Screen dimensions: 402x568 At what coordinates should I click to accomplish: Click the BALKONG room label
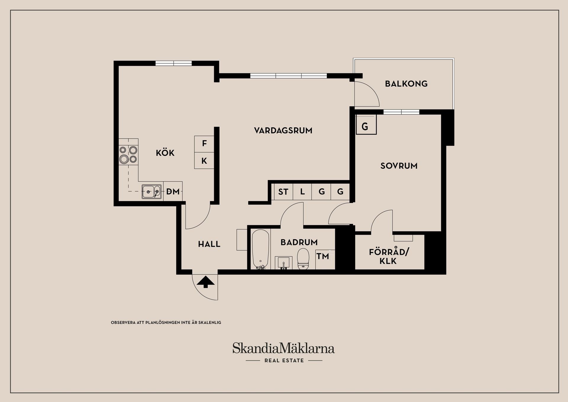pos(406,84)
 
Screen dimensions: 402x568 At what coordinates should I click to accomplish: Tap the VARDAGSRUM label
pos(283,131)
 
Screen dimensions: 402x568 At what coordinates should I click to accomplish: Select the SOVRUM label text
pos(399,166)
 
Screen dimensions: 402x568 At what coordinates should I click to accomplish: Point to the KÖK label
pos(165,153)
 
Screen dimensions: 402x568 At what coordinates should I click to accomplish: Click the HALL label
pos(209,244)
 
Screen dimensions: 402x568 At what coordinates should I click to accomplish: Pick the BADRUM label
pos(299,242)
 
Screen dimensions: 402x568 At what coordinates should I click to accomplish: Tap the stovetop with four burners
pos(128,155)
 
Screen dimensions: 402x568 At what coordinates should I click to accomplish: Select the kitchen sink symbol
pos(151,192)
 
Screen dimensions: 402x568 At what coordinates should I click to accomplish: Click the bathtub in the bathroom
pos(260,249)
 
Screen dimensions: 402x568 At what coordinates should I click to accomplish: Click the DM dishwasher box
pos(173,192)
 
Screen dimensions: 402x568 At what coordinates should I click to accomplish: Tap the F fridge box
pos(204,144)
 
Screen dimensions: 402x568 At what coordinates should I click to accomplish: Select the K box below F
pos(204,161)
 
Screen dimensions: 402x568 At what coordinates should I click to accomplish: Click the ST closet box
pos(283,192)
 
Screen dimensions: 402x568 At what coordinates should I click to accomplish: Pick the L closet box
pos(302,192)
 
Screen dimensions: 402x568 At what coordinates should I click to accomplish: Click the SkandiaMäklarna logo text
pos(283,348)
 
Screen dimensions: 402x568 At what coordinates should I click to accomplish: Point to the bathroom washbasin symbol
pos(283,262)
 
